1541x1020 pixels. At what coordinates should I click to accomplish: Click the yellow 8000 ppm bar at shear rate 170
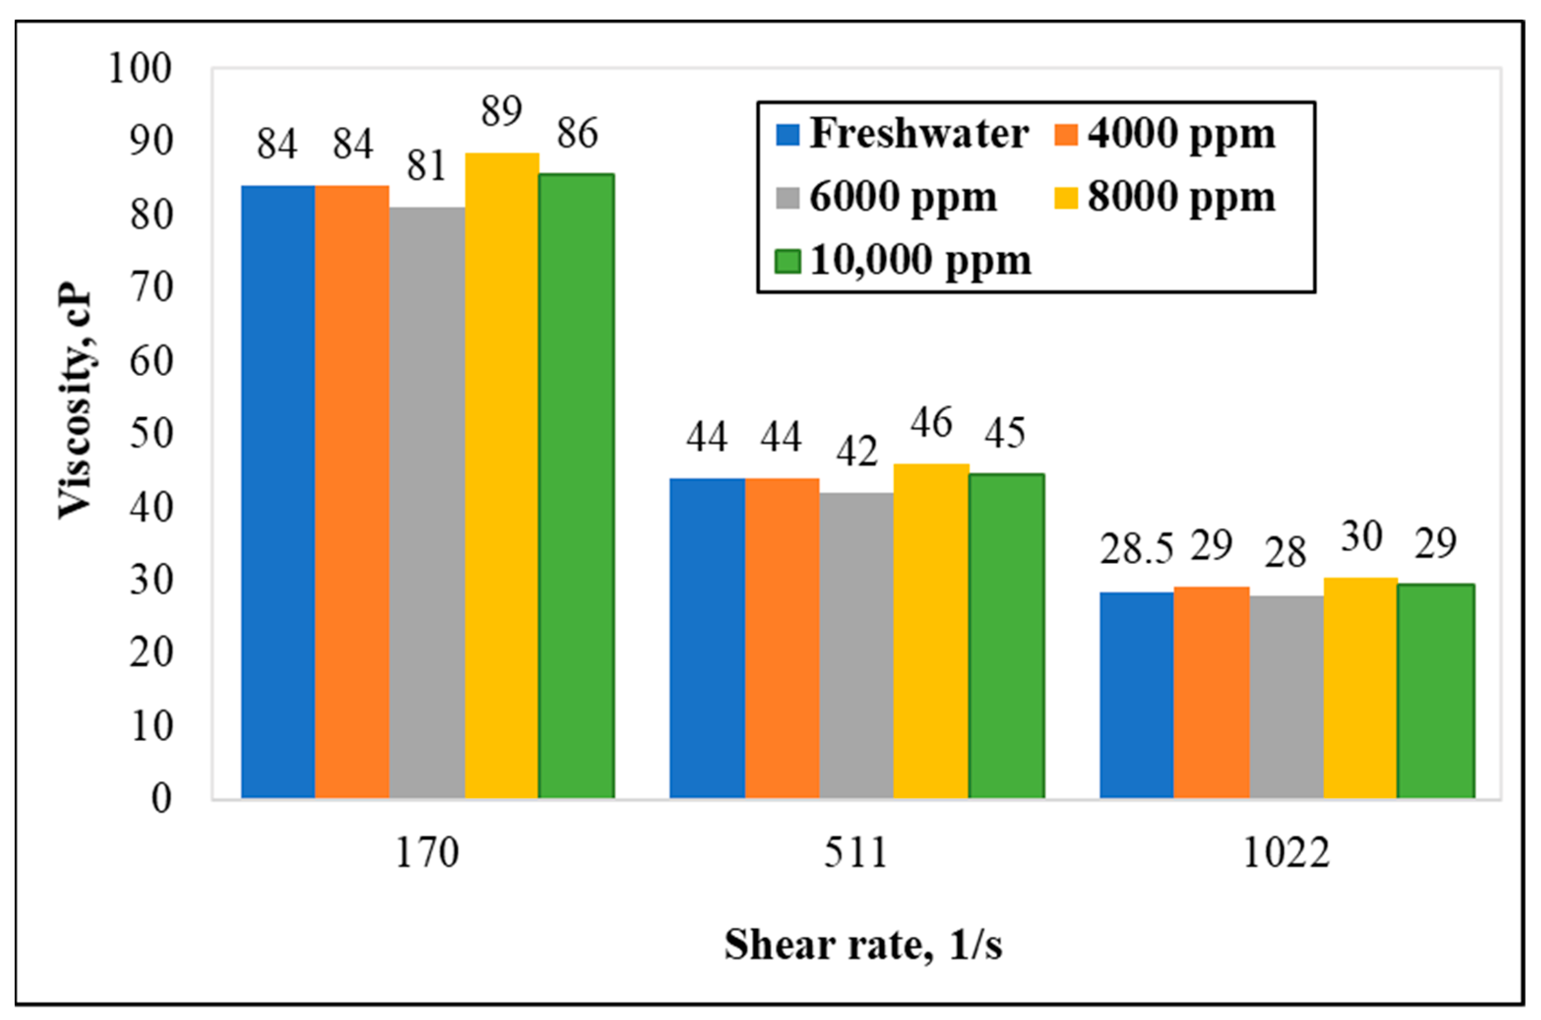coord(502,475)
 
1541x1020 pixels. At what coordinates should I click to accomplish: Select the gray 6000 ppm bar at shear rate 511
coord(856,645)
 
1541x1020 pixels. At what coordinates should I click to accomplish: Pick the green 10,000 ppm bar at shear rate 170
coord(576,485)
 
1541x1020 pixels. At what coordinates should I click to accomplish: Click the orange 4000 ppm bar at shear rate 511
coord(782,638)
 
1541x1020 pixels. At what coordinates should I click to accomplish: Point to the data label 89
coord(502,111)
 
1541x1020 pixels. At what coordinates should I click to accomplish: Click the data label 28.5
coord(1136,549)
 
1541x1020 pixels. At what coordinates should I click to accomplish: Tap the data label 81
coord(427,165)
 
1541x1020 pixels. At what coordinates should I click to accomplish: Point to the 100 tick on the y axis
coord(140,67)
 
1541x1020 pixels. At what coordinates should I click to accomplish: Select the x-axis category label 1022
coord(1286,853)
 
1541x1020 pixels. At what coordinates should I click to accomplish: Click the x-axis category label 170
coord(427,853)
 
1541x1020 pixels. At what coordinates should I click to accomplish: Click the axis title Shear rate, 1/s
coord(863,945)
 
